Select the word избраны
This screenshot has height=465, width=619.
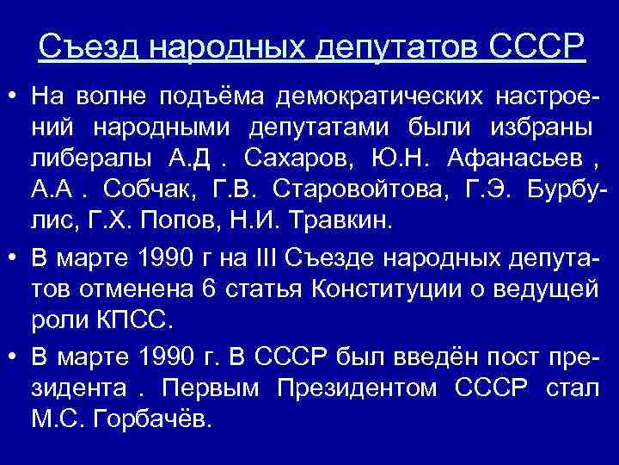click(538, 128)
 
